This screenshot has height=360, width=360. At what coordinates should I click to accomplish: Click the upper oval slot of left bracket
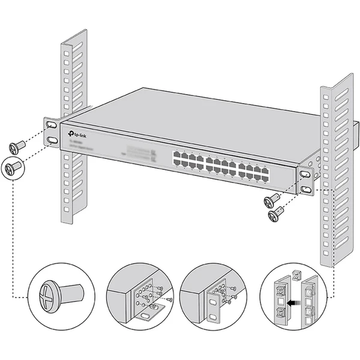[x=52, y=125]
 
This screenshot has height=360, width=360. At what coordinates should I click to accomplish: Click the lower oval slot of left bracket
[x=52, y=140]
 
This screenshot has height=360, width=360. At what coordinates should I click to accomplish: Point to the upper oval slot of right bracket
[x=306, y=174]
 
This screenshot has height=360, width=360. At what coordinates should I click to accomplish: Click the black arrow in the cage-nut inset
[x=292, y=305]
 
